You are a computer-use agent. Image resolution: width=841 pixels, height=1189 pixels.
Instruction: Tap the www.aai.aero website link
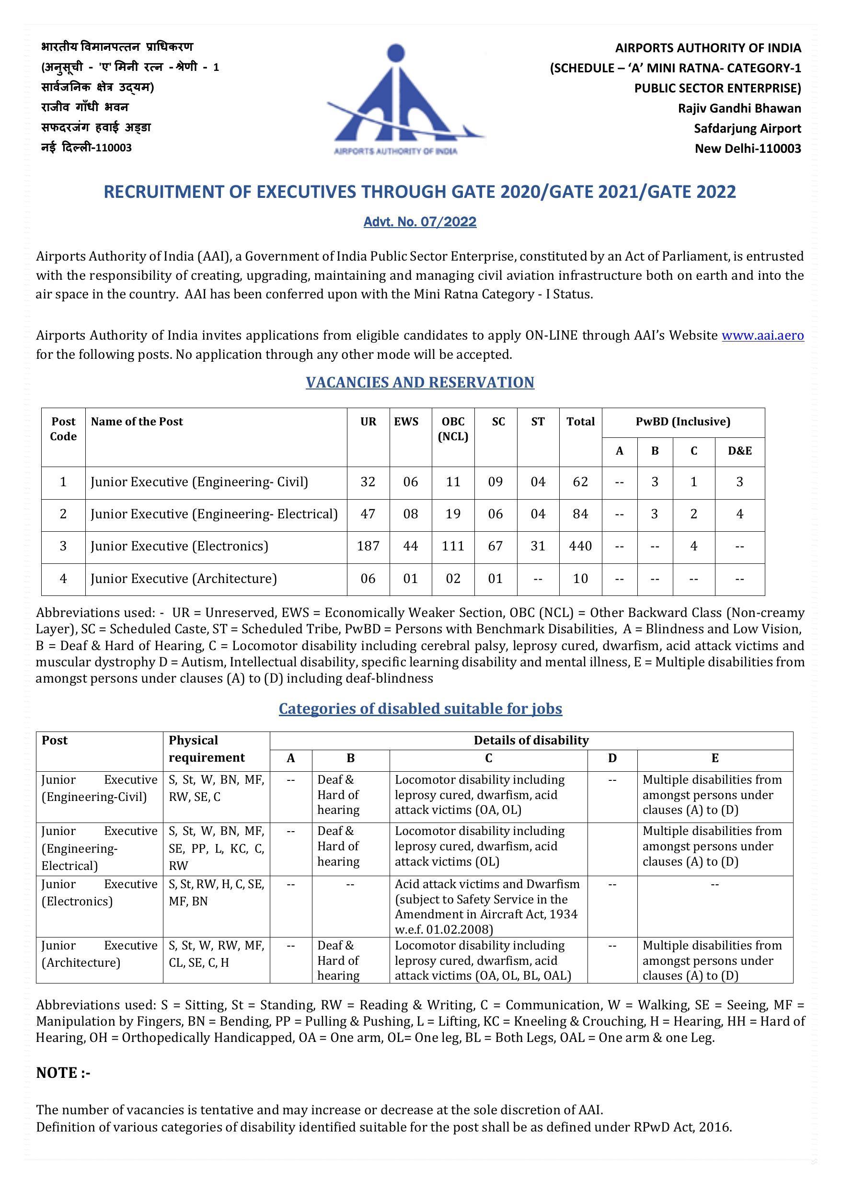tap(762, 335)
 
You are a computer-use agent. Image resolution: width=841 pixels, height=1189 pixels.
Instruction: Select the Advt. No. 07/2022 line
tap(420, 222)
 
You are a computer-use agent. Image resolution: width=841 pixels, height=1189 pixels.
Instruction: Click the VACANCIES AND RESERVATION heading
tap(420, 382)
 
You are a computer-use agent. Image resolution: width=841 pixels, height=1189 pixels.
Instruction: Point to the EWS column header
tap(406, 422)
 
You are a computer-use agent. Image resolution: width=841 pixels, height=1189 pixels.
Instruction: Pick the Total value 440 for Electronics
tap(580, 546)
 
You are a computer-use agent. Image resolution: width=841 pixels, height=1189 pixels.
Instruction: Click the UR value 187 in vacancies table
tap(368, 546)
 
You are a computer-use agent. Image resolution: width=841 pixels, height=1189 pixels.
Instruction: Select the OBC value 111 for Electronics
tap(453, 546)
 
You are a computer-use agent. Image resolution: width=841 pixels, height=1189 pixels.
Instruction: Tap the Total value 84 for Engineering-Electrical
tap(580, 514)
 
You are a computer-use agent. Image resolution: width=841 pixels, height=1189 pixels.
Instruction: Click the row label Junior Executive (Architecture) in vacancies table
tap(184, 578)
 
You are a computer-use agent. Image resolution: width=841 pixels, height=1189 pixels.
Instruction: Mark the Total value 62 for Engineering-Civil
tap(580, 482)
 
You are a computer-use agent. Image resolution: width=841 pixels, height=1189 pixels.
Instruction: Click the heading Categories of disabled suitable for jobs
tap(420, 709)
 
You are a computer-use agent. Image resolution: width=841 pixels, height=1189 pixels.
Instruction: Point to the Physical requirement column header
tap(206, 749)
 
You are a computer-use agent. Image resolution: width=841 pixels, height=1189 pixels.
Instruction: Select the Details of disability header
tap(531, 741)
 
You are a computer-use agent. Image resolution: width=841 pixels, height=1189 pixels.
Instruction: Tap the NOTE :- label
tap(63, 1073)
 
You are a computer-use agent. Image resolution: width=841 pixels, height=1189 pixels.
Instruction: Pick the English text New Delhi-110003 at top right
tap(748, 149)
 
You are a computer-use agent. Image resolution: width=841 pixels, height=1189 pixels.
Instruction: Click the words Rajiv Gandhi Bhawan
tap(739, 108)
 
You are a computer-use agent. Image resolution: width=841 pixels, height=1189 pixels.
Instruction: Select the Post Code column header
tap(63, 429)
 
